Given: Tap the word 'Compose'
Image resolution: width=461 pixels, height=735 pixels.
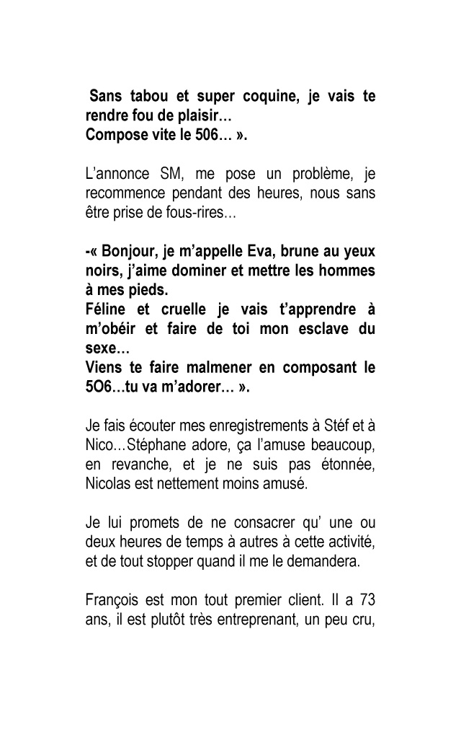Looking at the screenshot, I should point(112,134).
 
